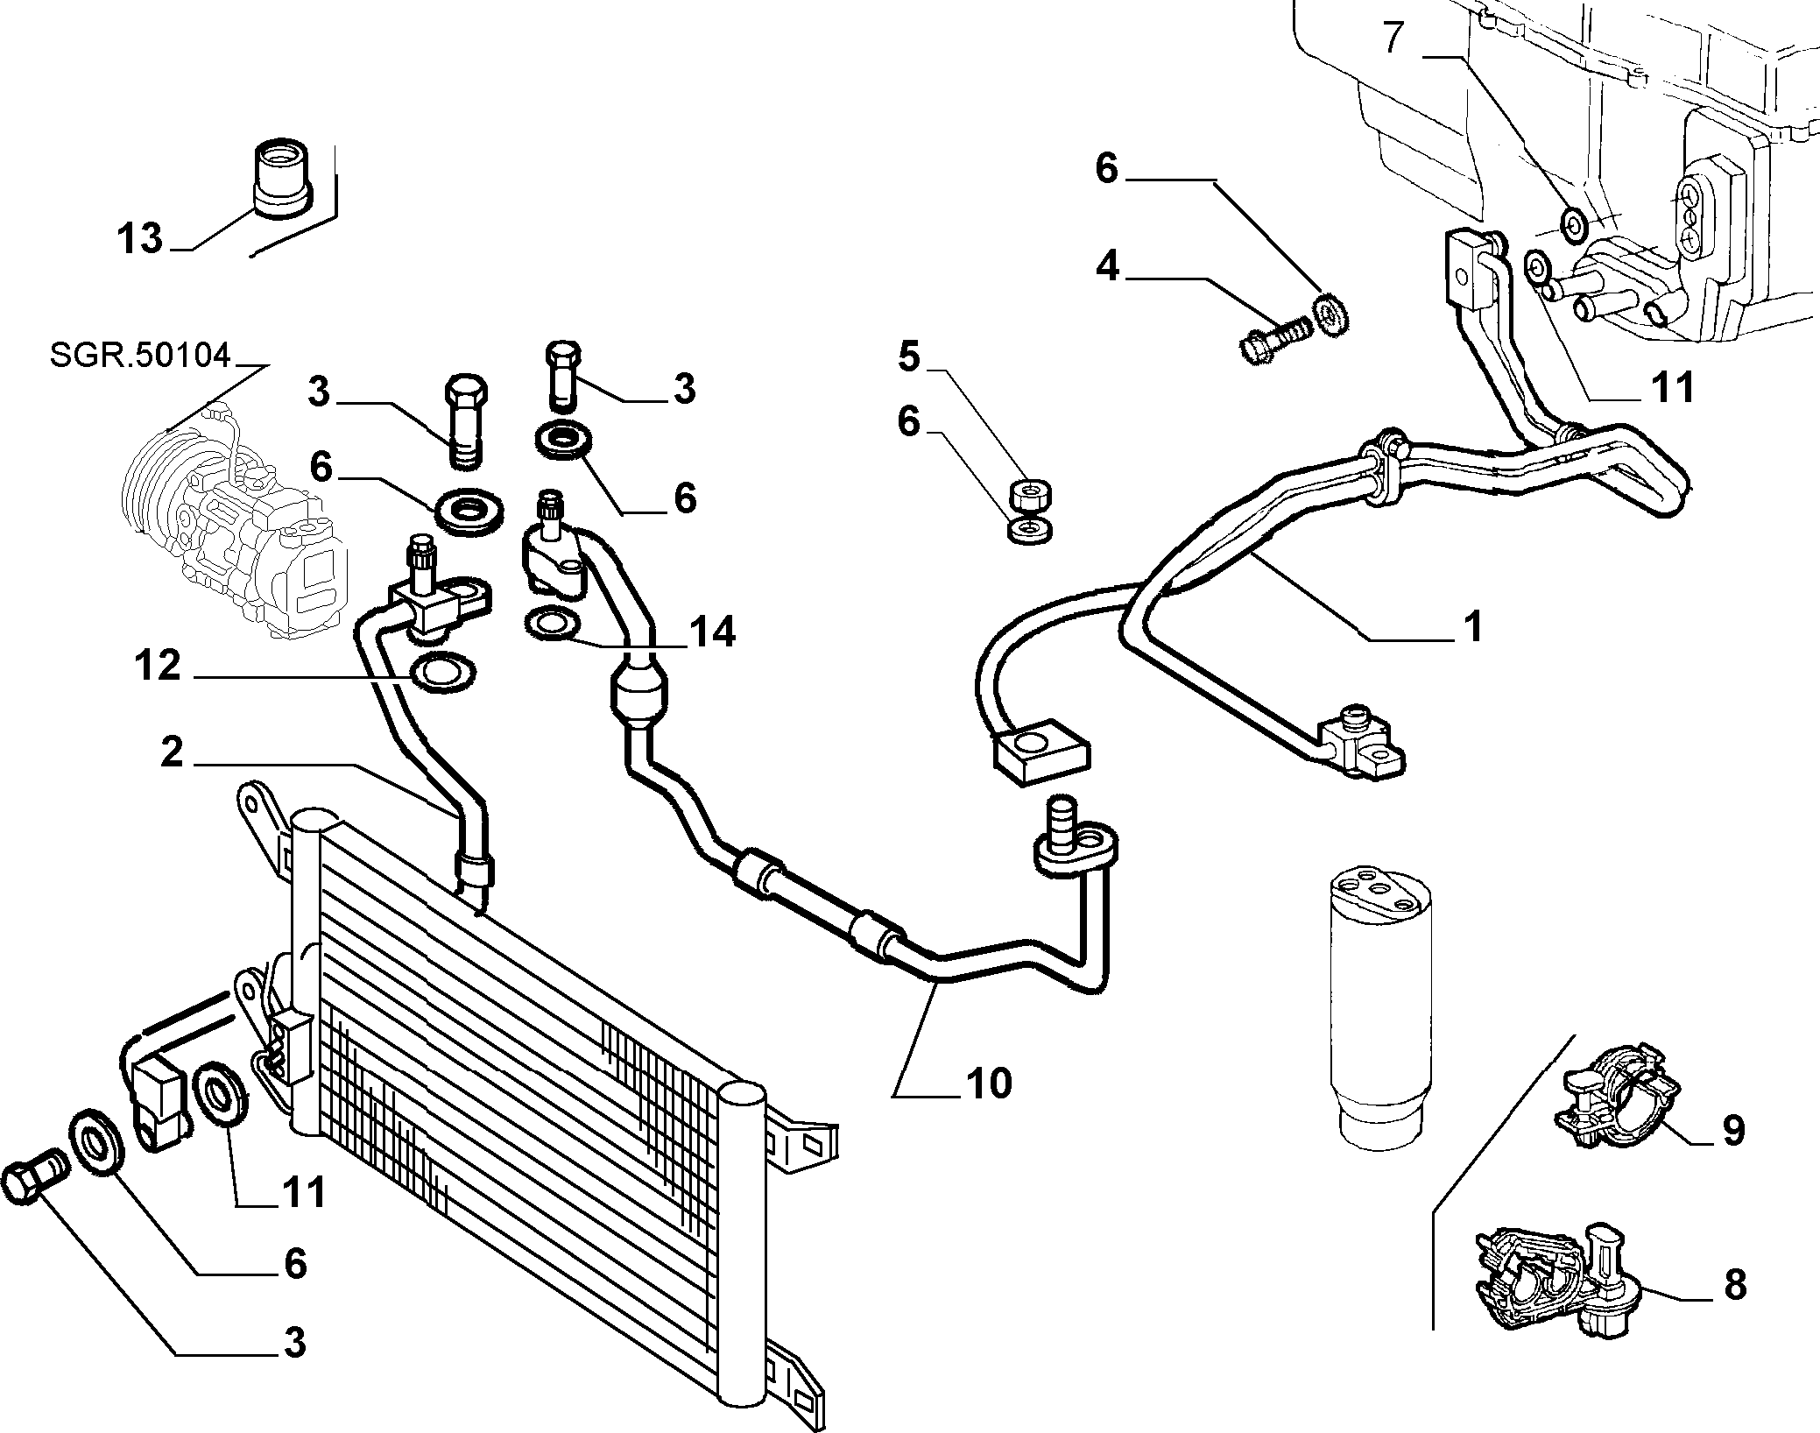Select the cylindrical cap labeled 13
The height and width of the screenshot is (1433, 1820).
coord(280,175)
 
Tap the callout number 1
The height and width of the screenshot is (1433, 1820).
coord(1474,627)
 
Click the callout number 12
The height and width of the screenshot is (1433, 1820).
coord(159,667)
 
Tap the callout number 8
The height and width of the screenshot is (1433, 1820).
coord(1734,1284)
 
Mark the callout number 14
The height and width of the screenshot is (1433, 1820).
coord(712,631)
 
